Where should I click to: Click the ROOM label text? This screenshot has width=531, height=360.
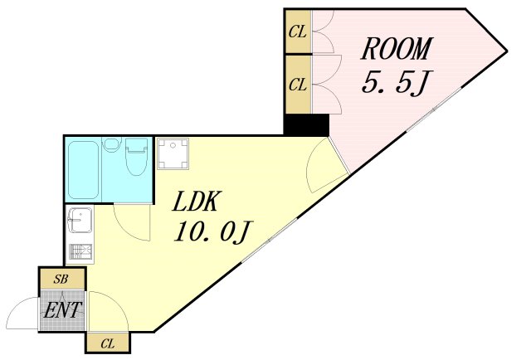click(x=397, y=48)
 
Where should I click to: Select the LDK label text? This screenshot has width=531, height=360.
click(x=195, y=202)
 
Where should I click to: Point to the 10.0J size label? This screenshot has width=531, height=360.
click(x=212, y=231)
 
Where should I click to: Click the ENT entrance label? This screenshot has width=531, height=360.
click(x=62, y=310)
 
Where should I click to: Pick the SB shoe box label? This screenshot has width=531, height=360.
click(x=61, y=279)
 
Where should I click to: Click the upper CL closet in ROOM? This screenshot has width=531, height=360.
click(x=298, y=32)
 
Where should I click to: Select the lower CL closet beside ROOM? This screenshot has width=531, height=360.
click(x=298, y=85)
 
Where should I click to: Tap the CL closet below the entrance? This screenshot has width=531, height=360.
click(x=108, y=343)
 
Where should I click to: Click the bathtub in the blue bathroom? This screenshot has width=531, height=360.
click(x=83, y=170)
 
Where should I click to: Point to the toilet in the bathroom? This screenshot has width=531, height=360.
click(x=136, y=156)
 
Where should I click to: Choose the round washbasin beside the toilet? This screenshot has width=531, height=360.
click(x=111, y=144)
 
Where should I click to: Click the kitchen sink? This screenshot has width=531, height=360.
click(x=80, y=221)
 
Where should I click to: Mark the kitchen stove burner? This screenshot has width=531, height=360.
click(x=80, y=251)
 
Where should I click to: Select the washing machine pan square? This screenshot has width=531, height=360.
click(x=173, y=153)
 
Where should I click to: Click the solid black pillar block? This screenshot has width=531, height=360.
click(x=306, y=124)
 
